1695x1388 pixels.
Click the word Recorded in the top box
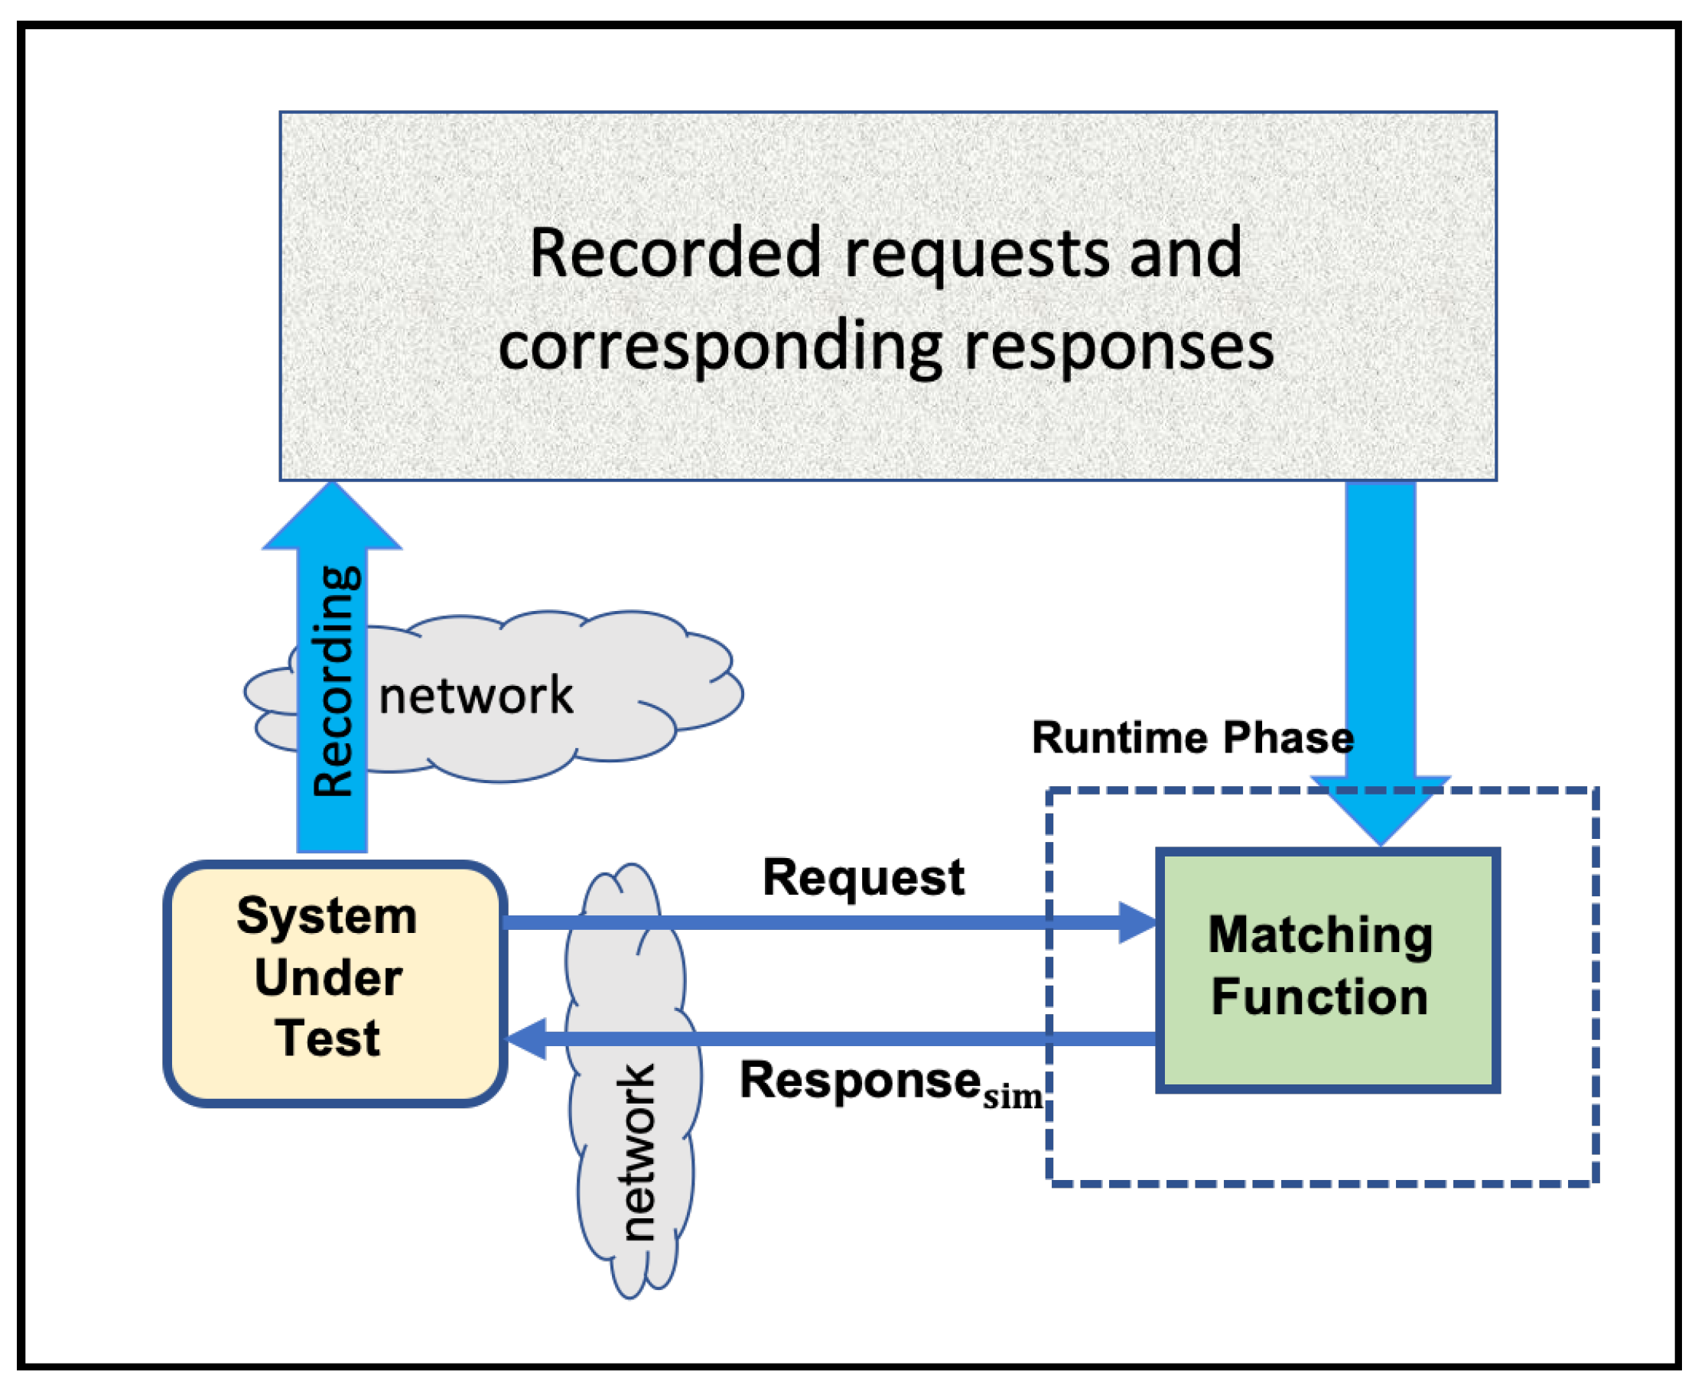click(675, 252)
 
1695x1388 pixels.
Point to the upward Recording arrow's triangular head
click(333, 515)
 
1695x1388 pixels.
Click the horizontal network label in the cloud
click(476, 695)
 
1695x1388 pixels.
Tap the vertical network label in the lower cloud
click(637, 1152)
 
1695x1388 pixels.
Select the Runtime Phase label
click(1193, 737)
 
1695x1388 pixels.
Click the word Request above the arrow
click(864, 877)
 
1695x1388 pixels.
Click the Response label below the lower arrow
click(860, 1082)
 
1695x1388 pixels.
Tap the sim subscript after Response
click(1013, 1096)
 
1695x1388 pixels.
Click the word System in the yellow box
click(327, 915)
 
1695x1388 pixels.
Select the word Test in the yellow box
click(328, 1038)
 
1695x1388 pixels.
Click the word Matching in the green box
click(1321, 935)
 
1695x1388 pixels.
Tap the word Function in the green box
click(1320, 997)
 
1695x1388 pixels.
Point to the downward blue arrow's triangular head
click(1380, 809)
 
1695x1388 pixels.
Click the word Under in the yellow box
click(329, 977)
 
